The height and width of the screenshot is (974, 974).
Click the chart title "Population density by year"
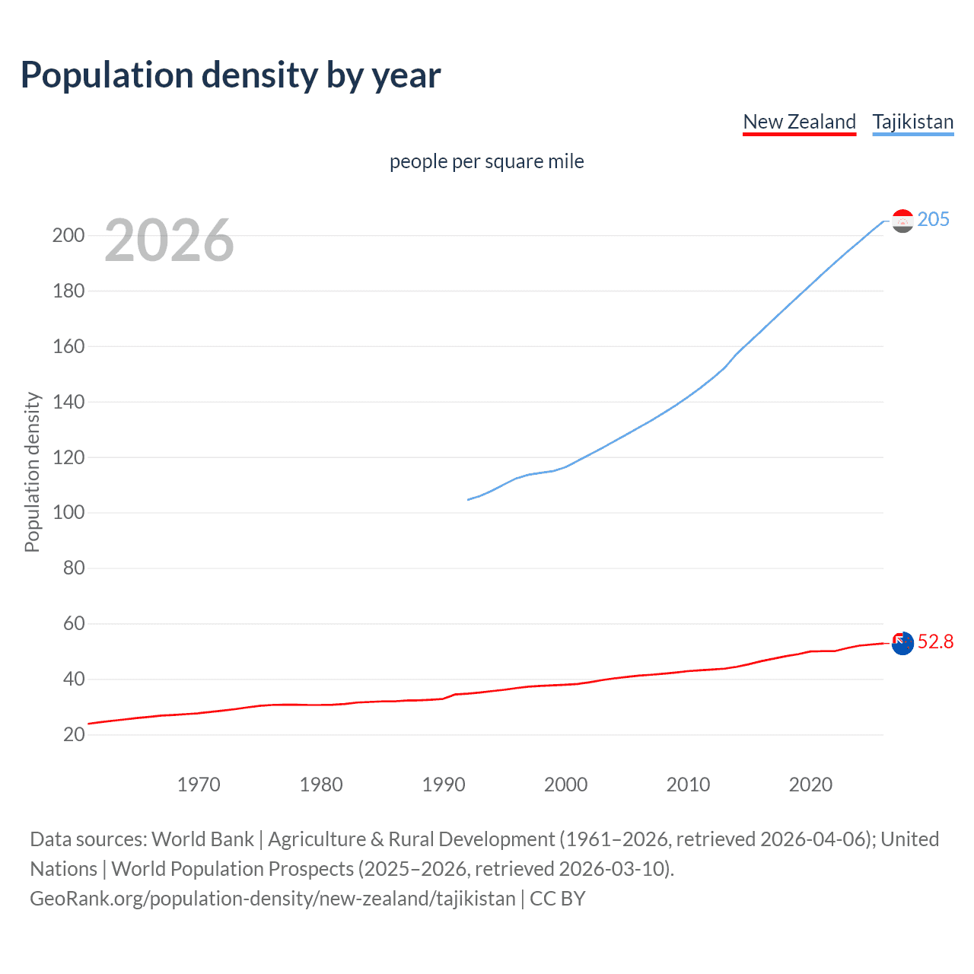click(x=231, y=75)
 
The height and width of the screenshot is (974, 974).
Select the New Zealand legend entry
click(x=799, y=122)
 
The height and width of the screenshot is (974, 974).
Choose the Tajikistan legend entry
click(x=912, y=122)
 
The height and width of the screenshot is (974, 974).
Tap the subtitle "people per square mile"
click(x=486, y=161)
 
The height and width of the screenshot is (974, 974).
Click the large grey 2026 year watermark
click(x=169, y=240)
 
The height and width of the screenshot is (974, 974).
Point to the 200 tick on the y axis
click(x=68, y=235)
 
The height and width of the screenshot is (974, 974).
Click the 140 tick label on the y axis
click(x=68, y=402)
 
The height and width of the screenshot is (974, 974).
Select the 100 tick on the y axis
click(x=68, y=513)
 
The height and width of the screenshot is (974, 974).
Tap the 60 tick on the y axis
click(x=74, y=624)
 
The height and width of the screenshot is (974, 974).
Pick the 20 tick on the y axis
click(x=74, y=734)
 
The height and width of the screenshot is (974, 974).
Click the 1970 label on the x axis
click(x=199, y=785)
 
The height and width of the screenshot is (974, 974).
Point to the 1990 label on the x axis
click(x=444, y=785)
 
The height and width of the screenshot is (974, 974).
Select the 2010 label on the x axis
click(x=688, y=785)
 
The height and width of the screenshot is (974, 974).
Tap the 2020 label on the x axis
click(x=810, y=785)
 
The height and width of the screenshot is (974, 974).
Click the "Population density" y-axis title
click(x=32, y=472)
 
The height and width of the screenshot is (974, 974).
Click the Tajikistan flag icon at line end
click(x=902, y=221)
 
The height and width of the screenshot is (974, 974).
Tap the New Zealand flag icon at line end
click(x=902, y=643)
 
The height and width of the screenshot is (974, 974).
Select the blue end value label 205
click(x=933, y=219)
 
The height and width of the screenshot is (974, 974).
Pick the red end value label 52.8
click(x=935, y=641)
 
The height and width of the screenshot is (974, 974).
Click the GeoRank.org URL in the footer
click(x=272, y=899)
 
